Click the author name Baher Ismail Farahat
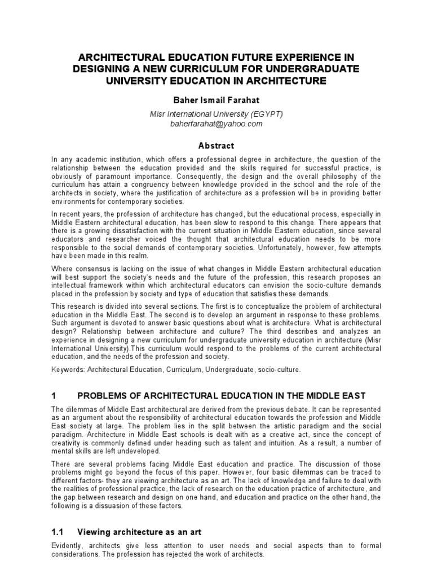[x=216, y=100]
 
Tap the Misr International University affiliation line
[x=216, y=115]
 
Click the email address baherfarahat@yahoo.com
[x=216, y=124]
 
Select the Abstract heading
[x=216, y=145]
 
